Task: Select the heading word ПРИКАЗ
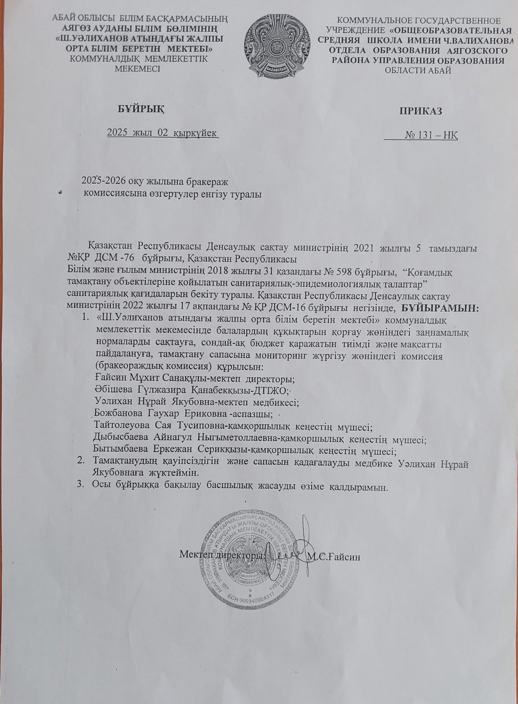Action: tap(420, 111)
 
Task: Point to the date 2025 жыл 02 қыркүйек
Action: tap(162, 132)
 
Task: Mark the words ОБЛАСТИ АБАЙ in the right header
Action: tap(418, 70)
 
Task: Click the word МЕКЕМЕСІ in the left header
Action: tap(137, 68)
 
